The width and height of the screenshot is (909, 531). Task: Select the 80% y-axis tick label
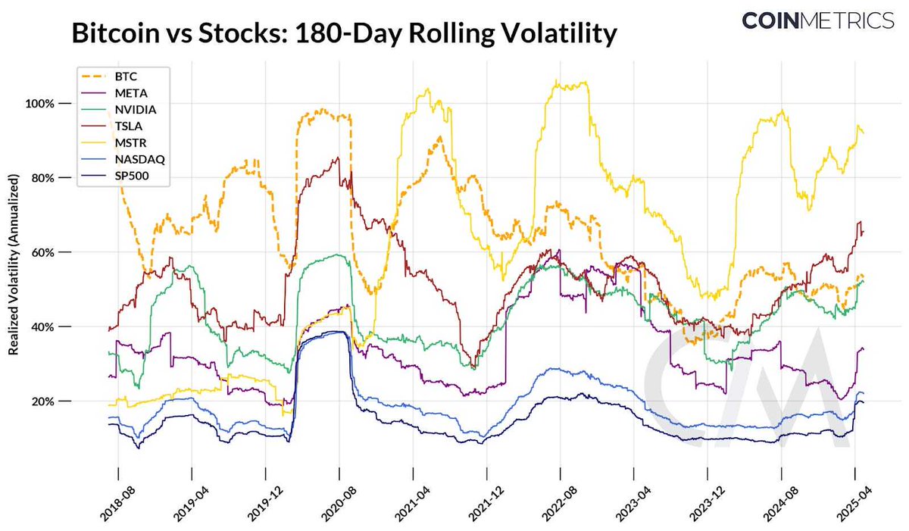click(58, 178)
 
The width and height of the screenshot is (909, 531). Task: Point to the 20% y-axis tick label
click(58, 401)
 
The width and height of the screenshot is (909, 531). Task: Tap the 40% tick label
click(58, 326)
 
